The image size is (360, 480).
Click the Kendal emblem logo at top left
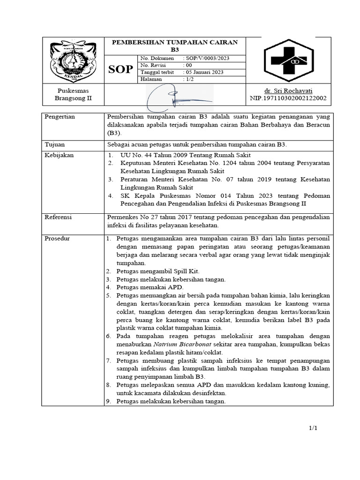(73, 60)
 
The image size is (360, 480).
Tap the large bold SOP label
(120, 70)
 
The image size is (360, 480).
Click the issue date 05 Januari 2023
(205, 72)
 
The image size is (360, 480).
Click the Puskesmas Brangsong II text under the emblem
(73, 94)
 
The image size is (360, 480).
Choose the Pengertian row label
(60, 116)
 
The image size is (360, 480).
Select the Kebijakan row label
(59, 155)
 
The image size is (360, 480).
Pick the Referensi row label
(59, 217)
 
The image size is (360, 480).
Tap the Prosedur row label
(57, 239)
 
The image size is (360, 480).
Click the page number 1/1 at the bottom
(313, 428)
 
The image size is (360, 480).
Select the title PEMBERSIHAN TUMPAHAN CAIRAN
(174, 42)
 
